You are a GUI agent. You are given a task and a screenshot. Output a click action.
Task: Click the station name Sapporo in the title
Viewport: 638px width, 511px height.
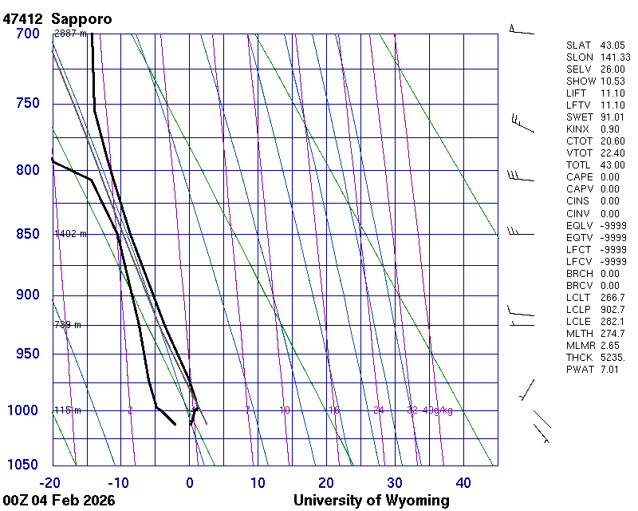(x=81, y=18)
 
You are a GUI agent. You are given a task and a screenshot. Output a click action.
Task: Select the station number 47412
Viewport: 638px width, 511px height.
(x=23, y=18)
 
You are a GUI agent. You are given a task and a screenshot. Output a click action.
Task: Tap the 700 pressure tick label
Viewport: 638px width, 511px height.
(x=27, y=34)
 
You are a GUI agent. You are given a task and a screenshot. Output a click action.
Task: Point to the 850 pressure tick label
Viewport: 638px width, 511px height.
(x=27, y=234)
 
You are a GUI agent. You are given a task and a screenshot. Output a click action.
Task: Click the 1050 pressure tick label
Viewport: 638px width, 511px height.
(x=24, y=465)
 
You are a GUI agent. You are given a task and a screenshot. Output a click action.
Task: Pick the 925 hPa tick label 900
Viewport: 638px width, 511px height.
(x=27, y=295)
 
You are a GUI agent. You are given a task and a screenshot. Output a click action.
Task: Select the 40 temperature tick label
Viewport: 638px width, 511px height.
(x=463, y=482)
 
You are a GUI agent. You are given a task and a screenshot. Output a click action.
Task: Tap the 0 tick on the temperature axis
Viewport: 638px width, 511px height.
(x=190, y=482)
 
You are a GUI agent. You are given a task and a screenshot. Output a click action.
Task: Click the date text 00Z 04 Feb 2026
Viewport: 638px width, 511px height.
(x=59, y=501)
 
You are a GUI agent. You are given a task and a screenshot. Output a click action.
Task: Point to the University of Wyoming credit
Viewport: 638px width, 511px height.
(x=371, y=501)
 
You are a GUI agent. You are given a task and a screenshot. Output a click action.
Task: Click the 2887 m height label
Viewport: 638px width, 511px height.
(x=69, y=34)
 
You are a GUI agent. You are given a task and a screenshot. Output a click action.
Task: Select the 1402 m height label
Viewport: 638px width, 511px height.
(x=70, y=234)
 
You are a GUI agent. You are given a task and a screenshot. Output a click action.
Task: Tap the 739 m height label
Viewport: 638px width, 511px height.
(x=68, y=325)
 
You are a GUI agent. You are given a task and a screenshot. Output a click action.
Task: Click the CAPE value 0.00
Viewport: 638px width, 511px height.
(x=609, y=177)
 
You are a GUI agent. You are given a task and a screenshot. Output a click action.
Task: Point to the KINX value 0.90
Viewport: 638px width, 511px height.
(x=609, y=129)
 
